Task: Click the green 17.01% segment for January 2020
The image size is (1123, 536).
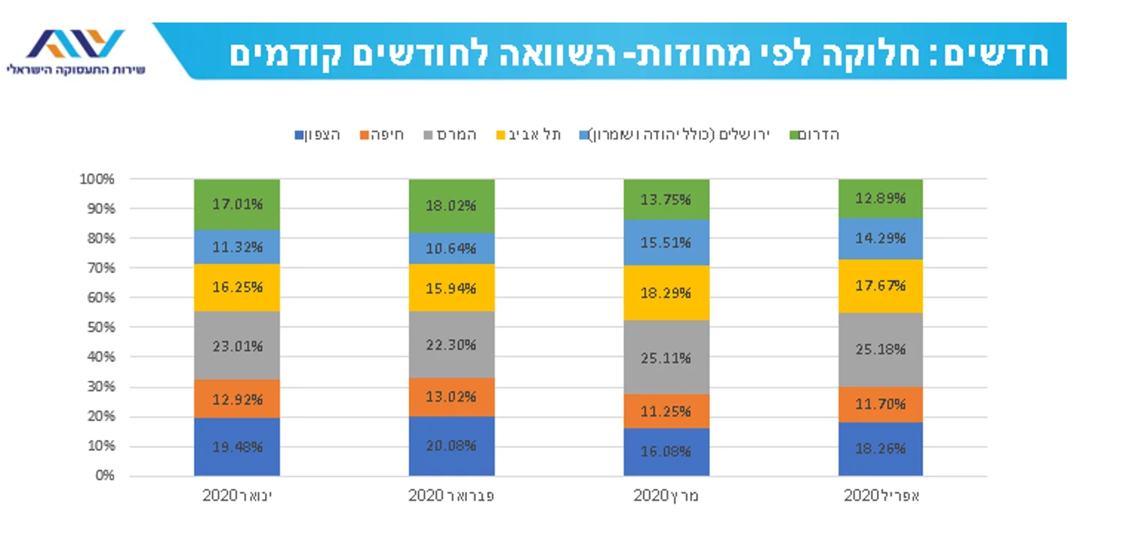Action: pos(236,203)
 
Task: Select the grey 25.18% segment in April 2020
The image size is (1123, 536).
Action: pos(881,349)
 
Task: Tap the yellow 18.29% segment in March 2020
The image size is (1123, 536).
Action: pos(666,293)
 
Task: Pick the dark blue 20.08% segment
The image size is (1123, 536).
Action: pos(451,445)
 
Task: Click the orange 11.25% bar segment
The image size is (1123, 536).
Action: pos(666,411)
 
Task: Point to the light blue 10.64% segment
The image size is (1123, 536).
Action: pos(451,248)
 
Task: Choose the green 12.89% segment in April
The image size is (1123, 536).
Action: pos(881,199)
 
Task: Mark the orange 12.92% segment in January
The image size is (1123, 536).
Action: pos(236,399)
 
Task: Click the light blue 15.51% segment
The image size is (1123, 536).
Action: pos(666,242)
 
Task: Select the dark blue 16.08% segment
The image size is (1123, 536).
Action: pos(666,451)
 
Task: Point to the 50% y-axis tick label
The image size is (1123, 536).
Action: pos(99,327)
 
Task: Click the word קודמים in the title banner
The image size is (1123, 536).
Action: pos(292,54)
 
